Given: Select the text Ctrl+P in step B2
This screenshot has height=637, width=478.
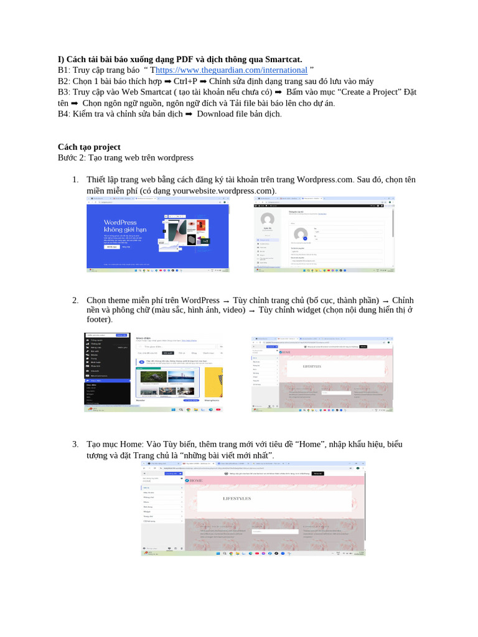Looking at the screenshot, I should click(185, 81).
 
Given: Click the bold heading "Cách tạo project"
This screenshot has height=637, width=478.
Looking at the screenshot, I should click(89, 147).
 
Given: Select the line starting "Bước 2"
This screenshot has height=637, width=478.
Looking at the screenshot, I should click(126, 157).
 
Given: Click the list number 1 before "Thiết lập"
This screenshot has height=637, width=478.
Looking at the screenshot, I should click(75, 180).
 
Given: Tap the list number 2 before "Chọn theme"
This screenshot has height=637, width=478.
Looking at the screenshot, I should click(75, 300).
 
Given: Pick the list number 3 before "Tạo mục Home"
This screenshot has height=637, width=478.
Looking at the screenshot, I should click(75, 444).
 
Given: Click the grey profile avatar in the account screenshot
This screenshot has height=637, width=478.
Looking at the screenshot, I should click(268, 220).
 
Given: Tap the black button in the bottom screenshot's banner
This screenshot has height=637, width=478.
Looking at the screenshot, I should click(318, 473).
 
